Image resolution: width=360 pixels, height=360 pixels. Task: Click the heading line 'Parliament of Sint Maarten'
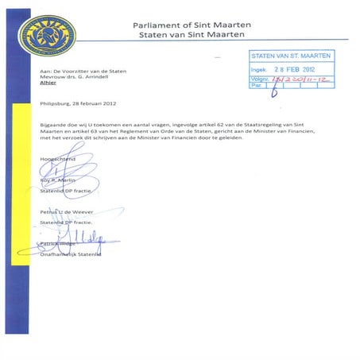(194, 25)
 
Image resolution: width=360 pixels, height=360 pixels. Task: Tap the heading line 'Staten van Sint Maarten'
(194, 37)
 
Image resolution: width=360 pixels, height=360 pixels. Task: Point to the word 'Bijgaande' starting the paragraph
(54, 126)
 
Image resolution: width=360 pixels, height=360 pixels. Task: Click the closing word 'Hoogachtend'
(57, 161)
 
